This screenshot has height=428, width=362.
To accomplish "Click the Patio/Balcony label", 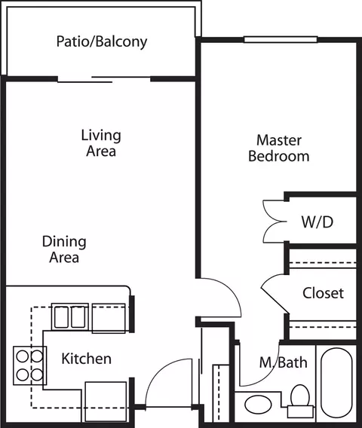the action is pos(102,42).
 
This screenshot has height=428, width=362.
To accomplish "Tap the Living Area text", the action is pos(101,143).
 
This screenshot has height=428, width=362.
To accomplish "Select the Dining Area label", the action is pos(64,249).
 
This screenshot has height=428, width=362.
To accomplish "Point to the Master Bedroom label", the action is pos(279,148).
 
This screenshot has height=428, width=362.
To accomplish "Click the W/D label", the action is pos(318,222).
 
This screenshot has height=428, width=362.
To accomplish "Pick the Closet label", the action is pos(324,293).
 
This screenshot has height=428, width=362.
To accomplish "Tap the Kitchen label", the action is pos(86,359).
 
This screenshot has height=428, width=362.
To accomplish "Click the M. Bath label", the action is pos(284,362).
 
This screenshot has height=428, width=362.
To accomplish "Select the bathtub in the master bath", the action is pos(336,383).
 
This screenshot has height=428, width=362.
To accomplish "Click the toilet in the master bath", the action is pos(300,401).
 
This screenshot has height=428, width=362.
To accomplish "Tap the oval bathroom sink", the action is pos(258,404).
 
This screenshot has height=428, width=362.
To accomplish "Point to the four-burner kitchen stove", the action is pos(29,365).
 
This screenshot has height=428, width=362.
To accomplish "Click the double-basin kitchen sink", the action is pos(70,317).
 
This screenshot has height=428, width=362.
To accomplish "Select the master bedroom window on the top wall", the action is pos(281,40).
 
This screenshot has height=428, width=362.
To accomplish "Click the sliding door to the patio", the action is pos(104,79).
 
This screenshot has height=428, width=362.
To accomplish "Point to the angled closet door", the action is pos(275,300).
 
